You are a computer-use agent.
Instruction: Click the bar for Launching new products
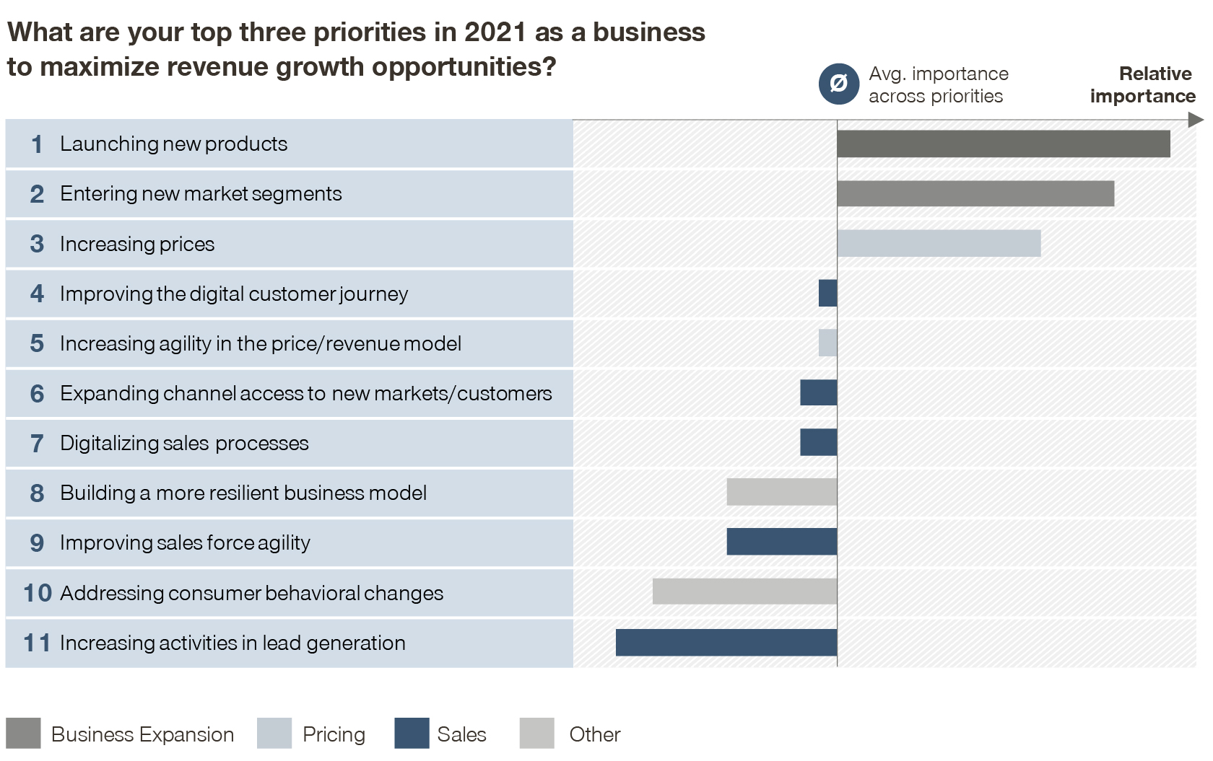(x=1003, y=144)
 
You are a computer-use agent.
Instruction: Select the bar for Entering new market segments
(x=975, y=193)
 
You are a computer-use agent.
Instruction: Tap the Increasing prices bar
(x=939, y=244)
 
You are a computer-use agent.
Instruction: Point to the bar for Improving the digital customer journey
(x=827, y=294)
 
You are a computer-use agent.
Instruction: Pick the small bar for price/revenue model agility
(x=827, y=343)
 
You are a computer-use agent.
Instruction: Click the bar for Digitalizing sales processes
(x=818, y=442)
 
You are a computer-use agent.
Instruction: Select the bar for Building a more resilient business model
(x=781, y=492)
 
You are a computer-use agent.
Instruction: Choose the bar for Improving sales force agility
(x=781, y=542)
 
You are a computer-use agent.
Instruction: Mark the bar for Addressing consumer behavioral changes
(x=744, y=591)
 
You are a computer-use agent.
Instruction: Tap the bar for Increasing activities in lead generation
(x=726, y=642)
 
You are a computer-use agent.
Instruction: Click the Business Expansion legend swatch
(x=23, y=734)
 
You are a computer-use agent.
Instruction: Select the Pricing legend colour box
(x=274, y=734)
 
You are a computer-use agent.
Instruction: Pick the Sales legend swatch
(x=412, y=734)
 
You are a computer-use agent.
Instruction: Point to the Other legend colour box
(x=536, y=734)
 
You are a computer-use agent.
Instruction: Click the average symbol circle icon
(x=838, y=84)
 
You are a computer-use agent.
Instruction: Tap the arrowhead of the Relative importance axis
(x=1196, y=120)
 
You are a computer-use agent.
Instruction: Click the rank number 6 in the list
(x=37, y=393)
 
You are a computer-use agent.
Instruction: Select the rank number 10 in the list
(x=38, y=593)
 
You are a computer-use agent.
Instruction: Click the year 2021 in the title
(x=495, y=32)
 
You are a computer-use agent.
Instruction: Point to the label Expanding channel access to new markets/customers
(x=305, y=393)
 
